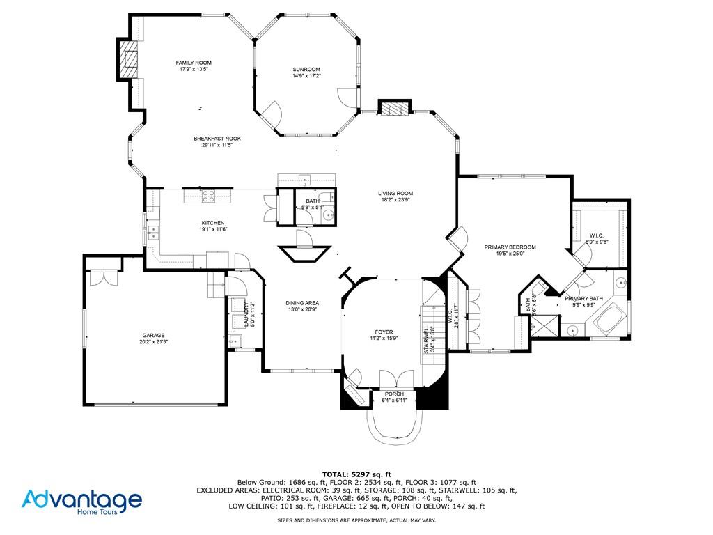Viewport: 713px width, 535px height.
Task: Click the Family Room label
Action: click(194, 63)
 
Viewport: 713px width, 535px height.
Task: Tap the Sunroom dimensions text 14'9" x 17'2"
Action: click(306, 76)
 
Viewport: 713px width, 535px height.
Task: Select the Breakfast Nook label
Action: click(217, 139)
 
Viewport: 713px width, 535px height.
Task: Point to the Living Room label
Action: click(395, 194)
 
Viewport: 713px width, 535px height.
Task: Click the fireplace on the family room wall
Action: click(127, 61)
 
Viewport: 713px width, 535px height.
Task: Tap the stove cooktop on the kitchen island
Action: click(207, 196)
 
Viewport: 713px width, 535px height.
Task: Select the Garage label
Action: click(154, 335)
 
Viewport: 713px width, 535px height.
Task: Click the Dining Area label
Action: click(302, 303)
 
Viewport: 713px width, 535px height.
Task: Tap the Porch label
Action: click(393, 394)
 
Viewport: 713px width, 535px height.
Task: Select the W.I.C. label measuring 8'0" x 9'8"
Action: click(595, 235)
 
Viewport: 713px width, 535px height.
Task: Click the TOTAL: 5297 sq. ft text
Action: click(356, 474)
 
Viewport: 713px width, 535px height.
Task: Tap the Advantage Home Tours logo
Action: click(81, 502)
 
